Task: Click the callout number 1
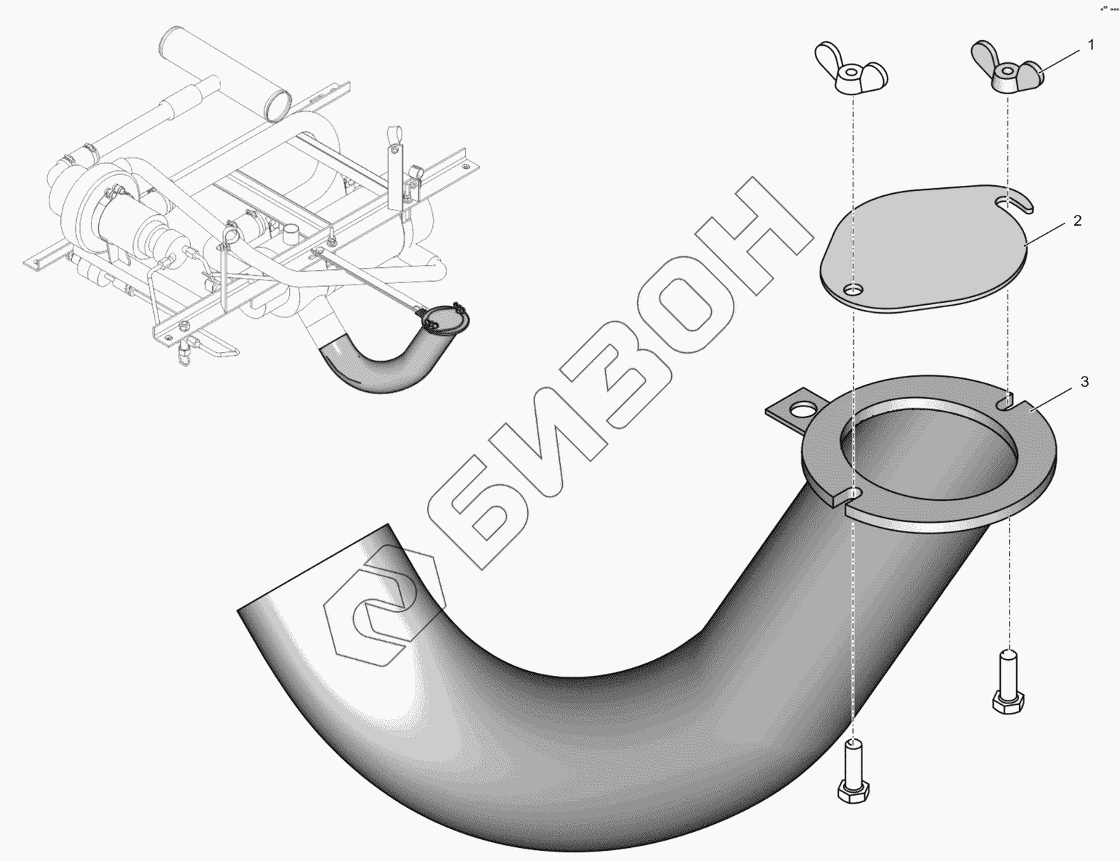[1090, 45]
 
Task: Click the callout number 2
[1077, 221]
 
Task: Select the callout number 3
[1084, 382]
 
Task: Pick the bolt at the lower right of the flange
[1007, 682]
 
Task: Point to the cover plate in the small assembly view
[446, 319]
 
